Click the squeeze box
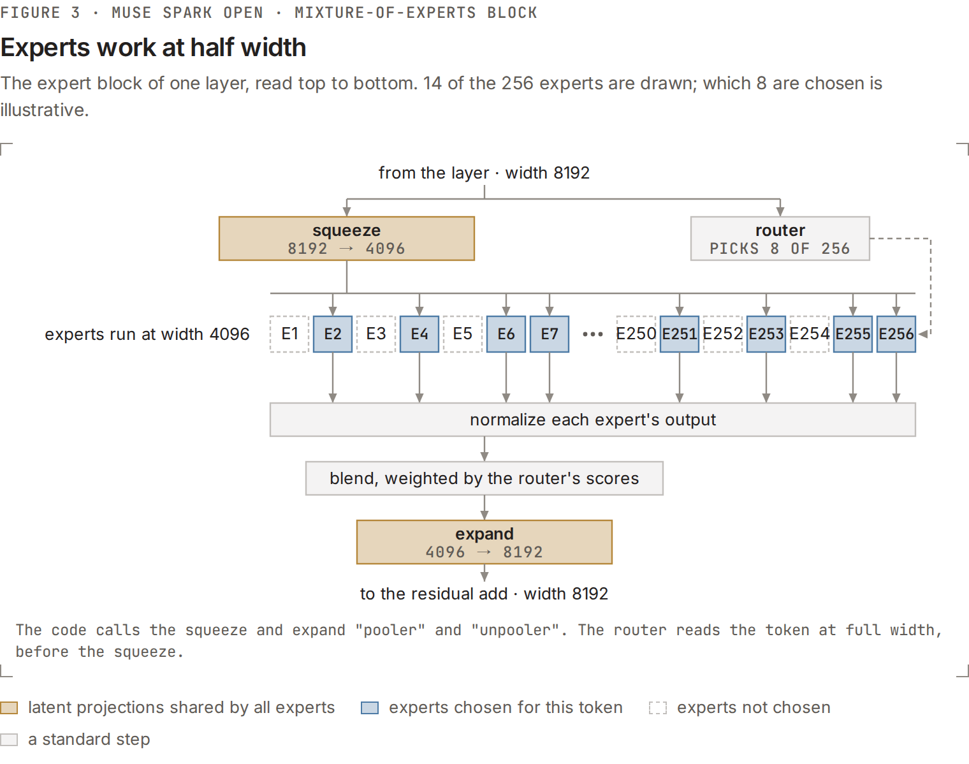point(346,239)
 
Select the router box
point(780,239)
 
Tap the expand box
point(484,542)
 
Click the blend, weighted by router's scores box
point(484,478)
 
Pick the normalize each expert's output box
point(593,420)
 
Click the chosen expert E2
point(333,334)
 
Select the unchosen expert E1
point(289,334)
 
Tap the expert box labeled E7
point(550,334)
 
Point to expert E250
point(636,334)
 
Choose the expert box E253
point(766,334)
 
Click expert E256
point(896,334)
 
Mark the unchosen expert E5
point(462,334)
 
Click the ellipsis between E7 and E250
point(593,334)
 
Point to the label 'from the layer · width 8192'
point(484,173)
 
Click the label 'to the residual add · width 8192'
point(484,594)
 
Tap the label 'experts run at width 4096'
point(147,334)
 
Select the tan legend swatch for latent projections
point(9,708)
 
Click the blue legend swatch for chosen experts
point(370,708)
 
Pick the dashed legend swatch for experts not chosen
point(658,708)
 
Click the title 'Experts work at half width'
point(153,47)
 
